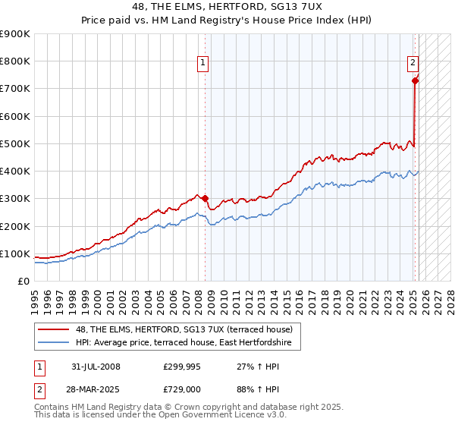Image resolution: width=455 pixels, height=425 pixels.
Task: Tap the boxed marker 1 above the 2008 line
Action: click(204, 64)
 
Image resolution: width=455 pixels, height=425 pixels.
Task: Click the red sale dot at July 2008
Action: click(205, 199)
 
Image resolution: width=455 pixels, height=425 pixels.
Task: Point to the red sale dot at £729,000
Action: click(415, 80)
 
